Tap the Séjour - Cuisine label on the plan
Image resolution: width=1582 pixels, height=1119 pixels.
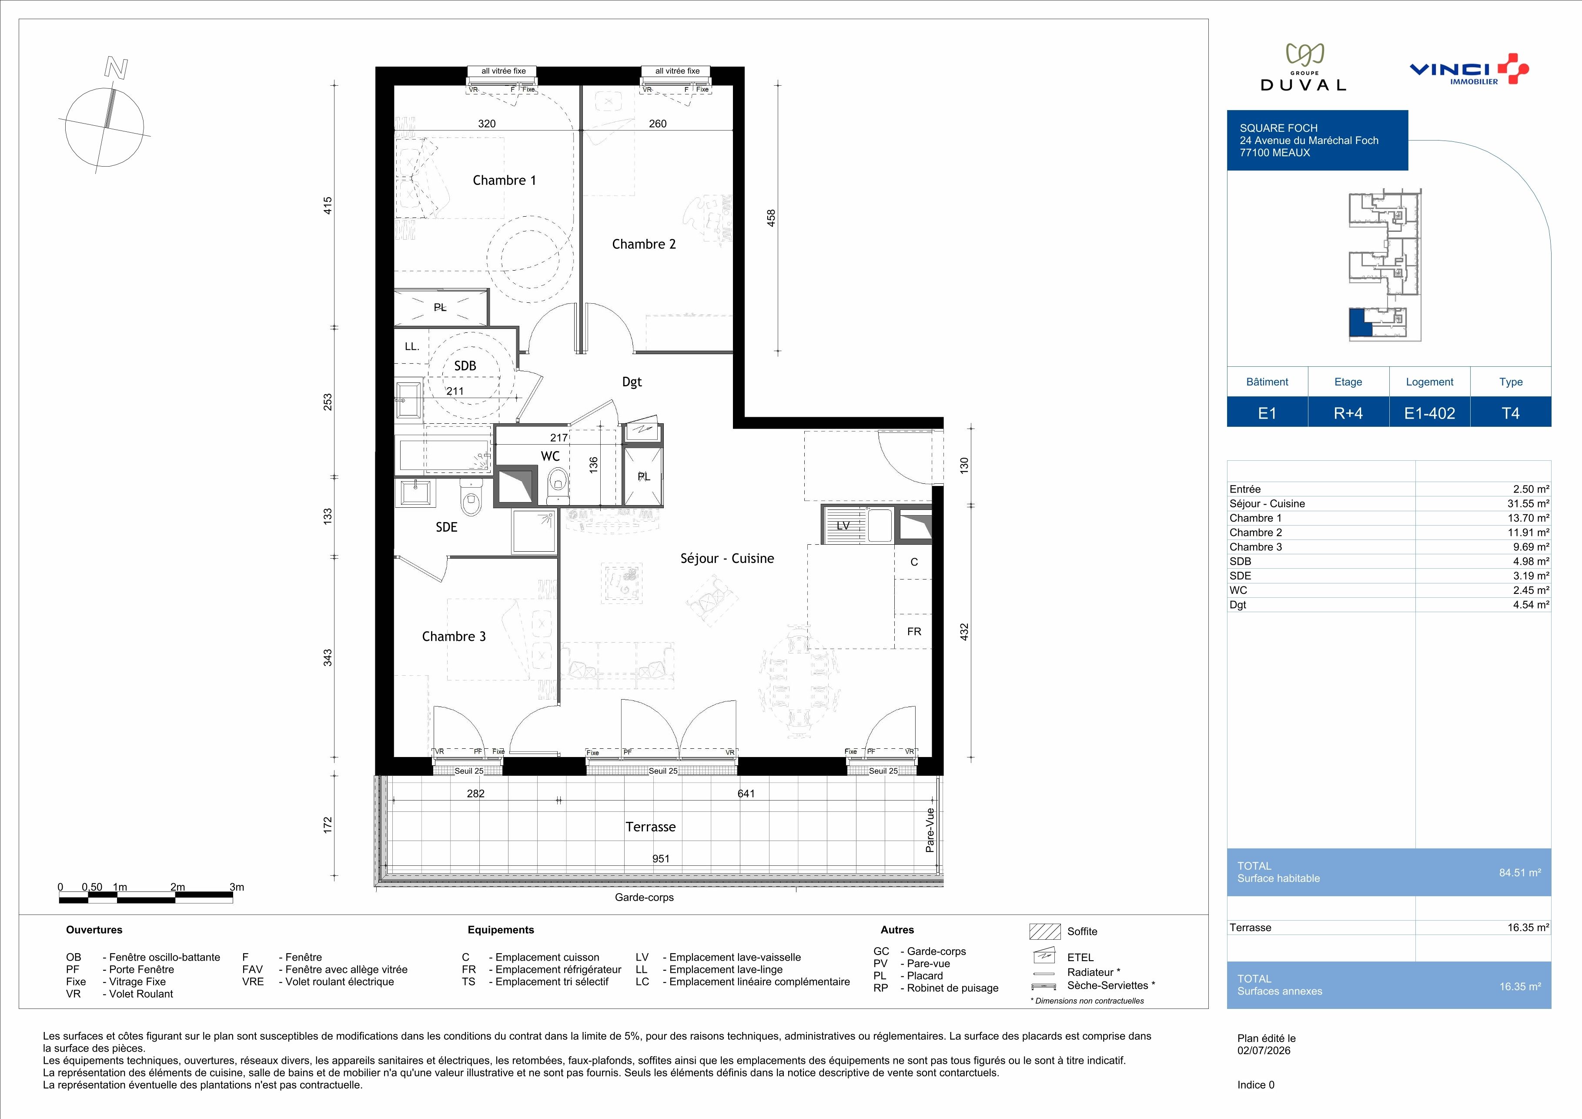[x=727, y=559]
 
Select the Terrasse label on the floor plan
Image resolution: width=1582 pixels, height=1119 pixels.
[x=650, y=827]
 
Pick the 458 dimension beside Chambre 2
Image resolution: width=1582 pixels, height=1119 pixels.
[x=772, y=218]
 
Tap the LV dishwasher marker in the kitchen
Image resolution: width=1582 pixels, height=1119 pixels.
[x=843, y=526]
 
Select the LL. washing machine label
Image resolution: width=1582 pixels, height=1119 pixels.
[x=412, y=347]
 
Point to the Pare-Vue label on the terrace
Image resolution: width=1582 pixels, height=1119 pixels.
[x=930, y=830]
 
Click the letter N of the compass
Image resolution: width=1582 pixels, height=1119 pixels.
[x=116, y=68]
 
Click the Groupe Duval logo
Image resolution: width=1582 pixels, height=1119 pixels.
[x=1303, y=67]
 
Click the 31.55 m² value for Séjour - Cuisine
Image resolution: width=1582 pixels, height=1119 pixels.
[x=1528, y=504]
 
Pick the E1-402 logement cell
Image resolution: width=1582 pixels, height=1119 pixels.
[x=1430, y=413]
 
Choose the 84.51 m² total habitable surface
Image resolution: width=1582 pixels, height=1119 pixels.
[x=1520, y=872]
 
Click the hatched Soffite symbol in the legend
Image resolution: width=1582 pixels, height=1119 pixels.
[x=1044, y=931]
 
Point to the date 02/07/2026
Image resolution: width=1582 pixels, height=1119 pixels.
[x=1264, y=1051]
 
